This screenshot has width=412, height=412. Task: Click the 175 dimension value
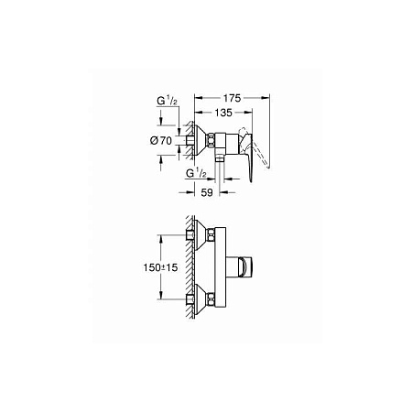point(232,98)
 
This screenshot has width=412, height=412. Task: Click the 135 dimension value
point(223,113)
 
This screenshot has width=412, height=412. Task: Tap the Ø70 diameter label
point(161,141)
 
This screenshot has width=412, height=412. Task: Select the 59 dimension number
point(207,192)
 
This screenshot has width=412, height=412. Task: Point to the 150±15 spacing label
point(160,267)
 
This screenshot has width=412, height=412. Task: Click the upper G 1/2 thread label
point(167,101)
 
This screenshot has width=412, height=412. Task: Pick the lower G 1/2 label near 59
point(196,173)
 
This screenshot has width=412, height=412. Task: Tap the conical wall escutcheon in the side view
point(201,140)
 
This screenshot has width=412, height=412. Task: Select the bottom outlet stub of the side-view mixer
point(220,158)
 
